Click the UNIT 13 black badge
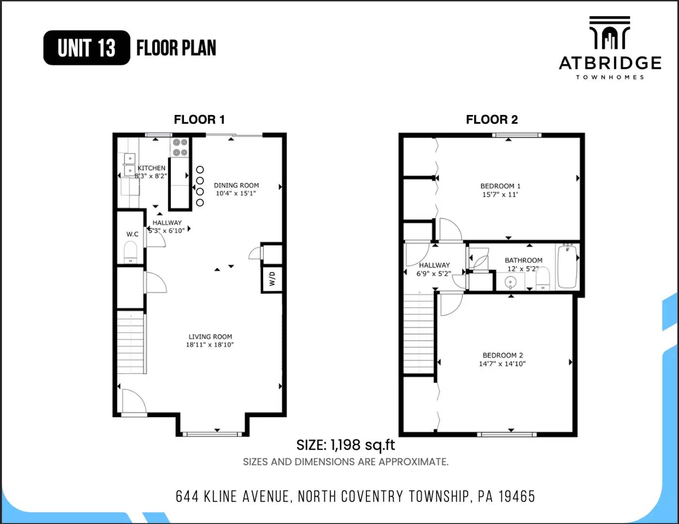pyautogui.click(x=87, y=48)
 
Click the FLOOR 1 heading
pyautogui.click(x=199, y=119)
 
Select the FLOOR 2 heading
pyautogui.click(x=492, y=119)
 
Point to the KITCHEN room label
pyautogui.click(x=151, y=168)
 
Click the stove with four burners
pyautogui.click(x=180, y=147)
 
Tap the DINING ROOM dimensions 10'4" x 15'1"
pyautogui.click(x=236, y=193)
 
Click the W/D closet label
pyautogui.click(x=272, y=278)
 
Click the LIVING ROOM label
pyautogui.click(x=210, y=336)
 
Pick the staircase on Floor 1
pyautogui.click(x=131, y=343)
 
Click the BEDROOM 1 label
pyautogui.click(x=500, y=186)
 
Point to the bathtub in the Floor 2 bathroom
pyautogui.click(x=566, y=266)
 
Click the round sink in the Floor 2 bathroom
pyautogui.click(x=510, y=281)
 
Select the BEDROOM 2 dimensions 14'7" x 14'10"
pyautogui.click(x=502, y=363)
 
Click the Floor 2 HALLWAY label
pyautogui.click(x=434, y=265)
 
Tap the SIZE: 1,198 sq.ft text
pyautogui.click(x=346, y=445)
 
